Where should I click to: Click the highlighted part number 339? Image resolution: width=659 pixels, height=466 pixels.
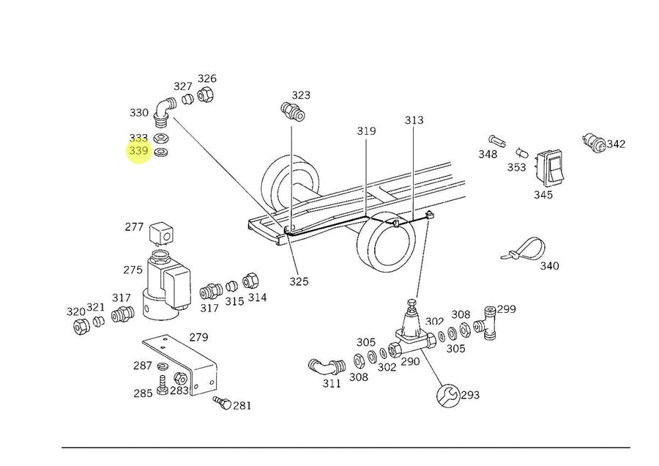click(138, 152)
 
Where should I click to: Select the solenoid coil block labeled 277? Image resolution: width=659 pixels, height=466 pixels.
click(161, 234)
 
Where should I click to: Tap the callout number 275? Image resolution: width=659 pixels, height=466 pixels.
click(133, 270)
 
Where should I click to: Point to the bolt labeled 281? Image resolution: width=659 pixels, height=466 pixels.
click(223, 402)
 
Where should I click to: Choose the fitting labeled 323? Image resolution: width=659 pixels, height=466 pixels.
click(293, 112)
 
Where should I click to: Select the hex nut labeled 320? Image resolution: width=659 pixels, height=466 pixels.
click(80, 325)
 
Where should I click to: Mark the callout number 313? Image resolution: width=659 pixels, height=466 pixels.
click(414, 120)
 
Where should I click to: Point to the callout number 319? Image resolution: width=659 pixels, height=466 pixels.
click(366, 131)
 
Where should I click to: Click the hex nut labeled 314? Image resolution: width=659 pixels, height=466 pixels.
click(250, 281)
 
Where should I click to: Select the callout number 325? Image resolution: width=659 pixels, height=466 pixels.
click(298, 281)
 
